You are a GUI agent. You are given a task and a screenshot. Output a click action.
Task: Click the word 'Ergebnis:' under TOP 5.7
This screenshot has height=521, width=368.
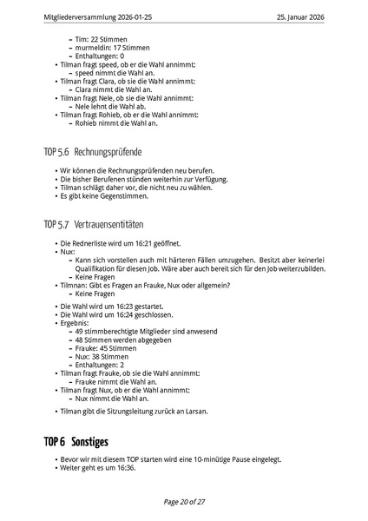coord(76,323)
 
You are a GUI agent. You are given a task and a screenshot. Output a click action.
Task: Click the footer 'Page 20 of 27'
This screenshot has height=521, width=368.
coord(184,501)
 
